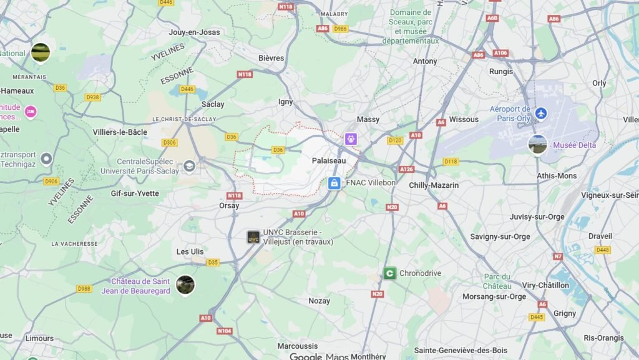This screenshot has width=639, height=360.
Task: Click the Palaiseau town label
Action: pyautogui.click(x=329, y=160)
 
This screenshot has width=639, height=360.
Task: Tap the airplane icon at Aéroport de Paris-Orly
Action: pyautogui.click(x=540, y=113)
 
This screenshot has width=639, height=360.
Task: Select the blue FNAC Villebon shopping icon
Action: pyautogui.click(x=334, y=183)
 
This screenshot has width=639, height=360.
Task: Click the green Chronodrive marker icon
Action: pyautogui.click(x=389, y=273)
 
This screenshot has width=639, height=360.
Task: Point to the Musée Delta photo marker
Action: pyautogui.click(x=537, y=144)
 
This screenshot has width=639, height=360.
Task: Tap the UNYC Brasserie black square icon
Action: pyautogui.click(x=253, y=237)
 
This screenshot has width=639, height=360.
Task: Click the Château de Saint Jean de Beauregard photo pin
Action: pyautogui.click(x=185, y=285)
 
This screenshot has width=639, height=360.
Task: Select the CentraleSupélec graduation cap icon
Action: pyautogui.click(x=189, y=166)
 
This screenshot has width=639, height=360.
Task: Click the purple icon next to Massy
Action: pyautogui.click(x=351, y=139)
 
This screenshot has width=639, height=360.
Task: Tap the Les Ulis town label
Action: pyautogui.click(x=190, y=251)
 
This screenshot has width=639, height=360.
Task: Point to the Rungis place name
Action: pyautogui.click(x=501, y=71)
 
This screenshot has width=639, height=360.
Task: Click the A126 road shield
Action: pyautogui.click(x=406, y=169)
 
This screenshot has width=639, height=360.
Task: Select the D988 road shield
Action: pyautogui.click(x=84, y=288)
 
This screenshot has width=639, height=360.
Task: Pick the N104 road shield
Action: pyautogui.click(x=225, y=331)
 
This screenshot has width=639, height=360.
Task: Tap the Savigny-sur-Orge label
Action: pyautogui.click(x=500, y=236)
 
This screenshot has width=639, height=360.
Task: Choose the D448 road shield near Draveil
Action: pyautogui.click(x=602, y=250)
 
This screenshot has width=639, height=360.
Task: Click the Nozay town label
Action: pyautogui.click(x=319, y=301)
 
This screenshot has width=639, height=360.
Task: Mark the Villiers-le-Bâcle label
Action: pyautogui.click(x=120, y=132)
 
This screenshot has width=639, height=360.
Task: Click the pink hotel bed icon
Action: pyautogui.click(x=30, y=112)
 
